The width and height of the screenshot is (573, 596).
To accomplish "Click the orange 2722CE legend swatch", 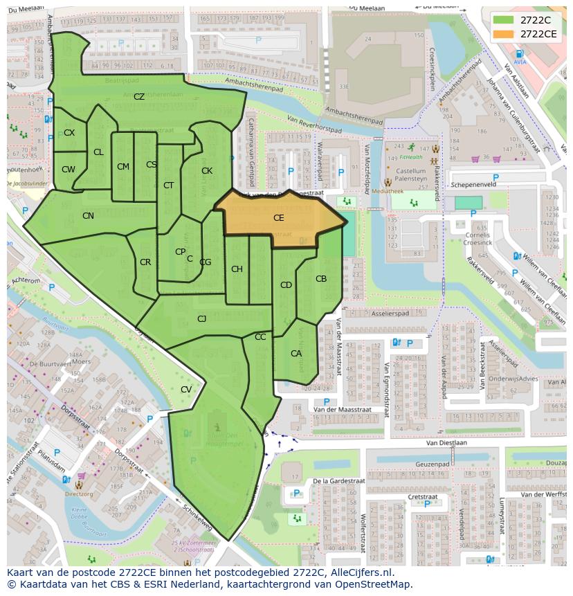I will (x=504, y=33).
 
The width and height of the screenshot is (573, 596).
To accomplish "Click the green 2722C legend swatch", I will (x=504, y=20).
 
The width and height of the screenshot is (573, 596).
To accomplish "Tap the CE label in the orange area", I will (x=278, y=218).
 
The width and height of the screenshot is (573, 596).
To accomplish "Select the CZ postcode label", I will (x=139, y=97).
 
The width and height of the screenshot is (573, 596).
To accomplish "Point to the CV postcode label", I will (x=186, y=390).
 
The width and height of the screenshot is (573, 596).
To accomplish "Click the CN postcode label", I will (x=88, y=216).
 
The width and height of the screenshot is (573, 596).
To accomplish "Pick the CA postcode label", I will (x=296, y=354).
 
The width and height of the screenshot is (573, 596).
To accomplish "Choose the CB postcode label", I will (x=321, y=279).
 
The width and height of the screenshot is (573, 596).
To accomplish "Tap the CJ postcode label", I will (x=202, y=319).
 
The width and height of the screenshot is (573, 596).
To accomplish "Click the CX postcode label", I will (x=69, y=133).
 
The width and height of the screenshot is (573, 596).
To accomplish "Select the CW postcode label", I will (x=69, y=170).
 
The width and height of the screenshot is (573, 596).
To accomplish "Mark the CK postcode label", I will (x=207, y=171).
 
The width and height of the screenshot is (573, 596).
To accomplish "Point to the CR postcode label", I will (x=145, y=262).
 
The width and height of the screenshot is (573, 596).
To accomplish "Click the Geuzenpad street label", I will (x=434, y=464).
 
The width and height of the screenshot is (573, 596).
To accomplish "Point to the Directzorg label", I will (x=79, y=495).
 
